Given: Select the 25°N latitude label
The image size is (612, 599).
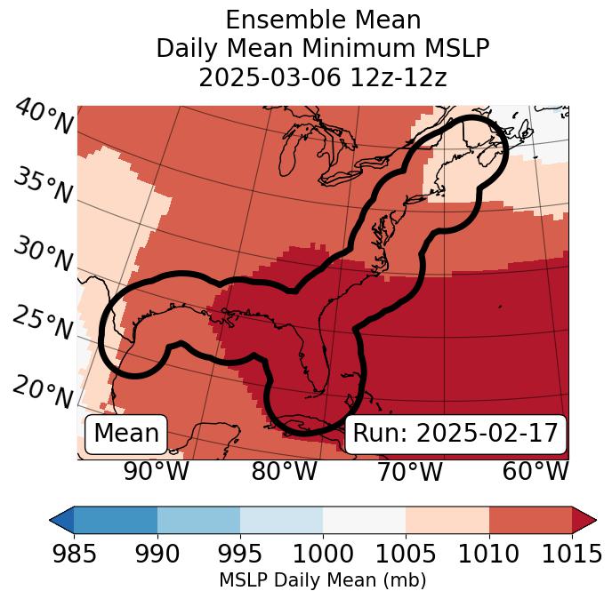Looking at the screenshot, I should coord(43,323).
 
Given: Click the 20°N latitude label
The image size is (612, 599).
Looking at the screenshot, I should coord(43,392).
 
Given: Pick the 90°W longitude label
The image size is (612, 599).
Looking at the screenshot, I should coord(156,471).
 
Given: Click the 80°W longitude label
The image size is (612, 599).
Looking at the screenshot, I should coord(284,471).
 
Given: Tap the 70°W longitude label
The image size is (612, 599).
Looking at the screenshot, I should coord(409,471).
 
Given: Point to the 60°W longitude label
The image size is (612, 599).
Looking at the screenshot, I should coord(535,471).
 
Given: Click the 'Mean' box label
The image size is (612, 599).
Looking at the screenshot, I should coord(126,434).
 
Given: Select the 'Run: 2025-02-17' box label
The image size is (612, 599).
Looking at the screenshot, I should coord(455,434).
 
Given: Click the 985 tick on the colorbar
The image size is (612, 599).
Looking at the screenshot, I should coord(75,554).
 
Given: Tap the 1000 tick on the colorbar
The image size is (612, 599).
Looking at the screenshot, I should coord(323,554).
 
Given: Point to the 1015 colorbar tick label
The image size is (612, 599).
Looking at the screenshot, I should coord(570,554).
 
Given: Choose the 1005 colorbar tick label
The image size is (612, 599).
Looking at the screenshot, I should coord(406,554).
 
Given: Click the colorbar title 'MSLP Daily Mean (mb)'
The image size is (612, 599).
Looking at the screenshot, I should coord(322,580).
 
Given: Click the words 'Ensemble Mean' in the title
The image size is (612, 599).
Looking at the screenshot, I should coord(322,20).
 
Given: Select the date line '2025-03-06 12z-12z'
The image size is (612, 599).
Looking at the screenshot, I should coord(322,77).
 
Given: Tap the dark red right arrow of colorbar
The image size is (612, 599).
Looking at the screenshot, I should coord(584,519).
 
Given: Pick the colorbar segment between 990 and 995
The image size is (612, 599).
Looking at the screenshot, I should coord(198,519).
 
